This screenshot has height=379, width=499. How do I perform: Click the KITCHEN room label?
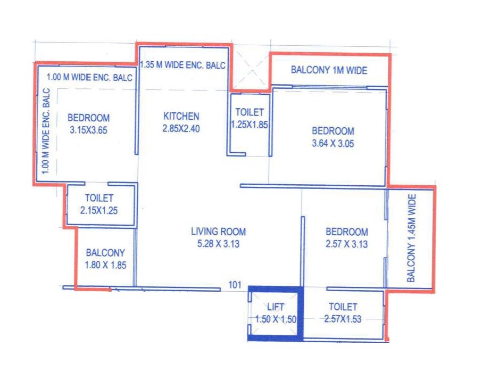pos(181,117)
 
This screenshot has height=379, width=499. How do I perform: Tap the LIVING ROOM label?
pos(218,232)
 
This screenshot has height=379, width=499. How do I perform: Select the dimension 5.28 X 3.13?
pos(218,244)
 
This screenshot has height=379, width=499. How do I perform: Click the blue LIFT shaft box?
pos(276,314)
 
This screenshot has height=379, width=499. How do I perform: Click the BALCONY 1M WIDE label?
pos(329,70)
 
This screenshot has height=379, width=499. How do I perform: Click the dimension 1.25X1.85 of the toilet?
pos(249,124)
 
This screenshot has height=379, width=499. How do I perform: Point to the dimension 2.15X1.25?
pos(99,210)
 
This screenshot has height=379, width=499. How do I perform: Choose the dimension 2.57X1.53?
pos(343,319)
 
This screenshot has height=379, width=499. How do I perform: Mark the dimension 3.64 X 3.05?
pos(332,143)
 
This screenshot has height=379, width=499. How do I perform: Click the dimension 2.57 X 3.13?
pos(346,244)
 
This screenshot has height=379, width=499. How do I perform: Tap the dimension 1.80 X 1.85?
pos(105,265)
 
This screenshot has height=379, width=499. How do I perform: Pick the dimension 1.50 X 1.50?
pos(276,319)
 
